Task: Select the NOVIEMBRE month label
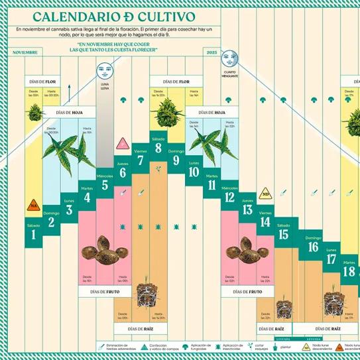click(x=25, y=52)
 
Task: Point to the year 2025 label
click(x=211, y=52)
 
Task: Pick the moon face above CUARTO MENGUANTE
click(x=229, y=58)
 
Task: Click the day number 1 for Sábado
click(x=32, y=235)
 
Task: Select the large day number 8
click(x=158, y=148)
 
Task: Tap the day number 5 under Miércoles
click(x=105, y=185)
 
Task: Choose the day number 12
click(x=229, y=198)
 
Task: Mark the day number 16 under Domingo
click(x=313, y=247)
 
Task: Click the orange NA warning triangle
click(x=32, y=206)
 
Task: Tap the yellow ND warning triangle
click(x=265, y=194)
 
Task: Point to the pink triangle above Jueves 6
click(x=122, y=143)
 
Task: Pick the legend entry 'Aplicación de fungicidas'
click(x=199, y=346)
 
